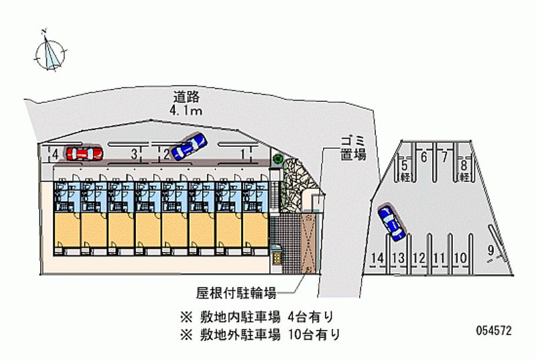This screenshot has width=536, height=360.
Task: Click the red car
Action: [83, 154]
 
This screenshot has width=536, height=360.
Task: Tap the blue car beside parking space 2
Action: [189, 147]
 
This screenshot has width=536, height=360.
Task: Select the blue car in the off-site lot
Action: [391, 223]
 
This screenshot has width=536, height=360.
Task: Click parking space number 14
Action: [377, 258]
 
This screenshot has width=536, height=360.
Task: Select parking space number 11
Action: [440, 258]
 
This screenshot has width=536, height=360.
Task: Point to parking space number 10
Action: [460, 258]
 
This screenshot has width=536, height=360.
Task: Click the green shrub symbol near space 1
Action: [277, 160]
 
